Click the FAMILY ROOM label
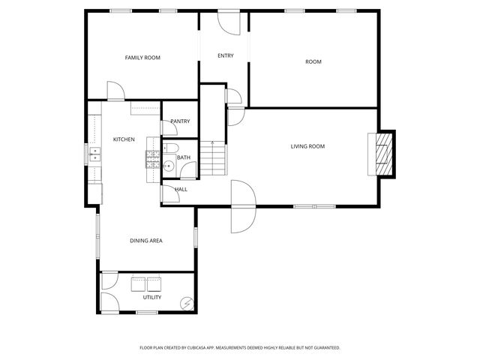[x=142, y=58]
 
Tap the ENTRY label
[x=225, y=55]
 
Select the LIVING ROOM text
[x=307, y=146]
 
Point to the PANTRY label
[x=180, y=121]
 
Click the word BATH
[x=184, y=157]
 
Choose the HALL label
[x=181, y=189]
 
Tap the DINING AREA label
[x=146, y=241]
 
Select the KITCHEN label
[x=124, y=139]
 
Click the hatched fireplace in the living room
[x=384, y=154]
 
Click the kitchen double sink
[x=95, y=155]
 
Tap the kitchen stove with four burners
[x=153, y=157]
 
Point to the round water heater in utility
[x=187, y=304]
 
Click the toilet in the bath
[x=170, y=148]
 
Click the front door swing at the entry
[x=226, y=22]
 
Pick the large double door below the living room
[x=243, y=206]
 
